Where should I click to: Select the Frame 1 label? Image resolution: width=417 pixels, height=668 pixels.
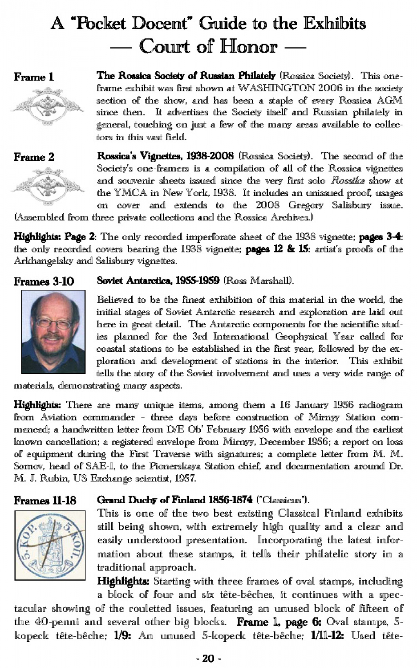[34, 77]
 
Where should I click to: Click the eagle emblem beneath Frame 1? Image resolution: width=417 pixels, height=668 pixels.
[47, 106]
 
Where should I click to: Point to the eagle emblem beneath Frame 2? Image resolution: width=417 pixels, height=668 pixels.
[47, 186]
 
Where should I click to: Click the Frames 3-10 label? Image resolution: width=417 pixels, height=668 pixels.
[44, 281]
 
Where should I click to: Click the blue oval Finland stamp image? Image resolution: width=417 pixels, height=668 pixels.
[50, 545]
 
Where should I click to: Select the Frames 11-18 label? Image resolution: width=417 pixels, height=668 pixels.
[45, 501]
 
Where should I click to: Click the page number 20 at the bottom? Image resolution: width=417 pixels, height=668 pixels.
[208, 658]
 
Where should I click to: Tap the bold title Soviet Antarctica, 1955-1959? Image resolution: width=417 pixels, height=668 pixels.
[158, 281]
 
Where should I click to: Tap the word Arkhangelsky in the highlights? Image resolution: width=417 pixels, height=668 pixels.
[43, 261]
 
